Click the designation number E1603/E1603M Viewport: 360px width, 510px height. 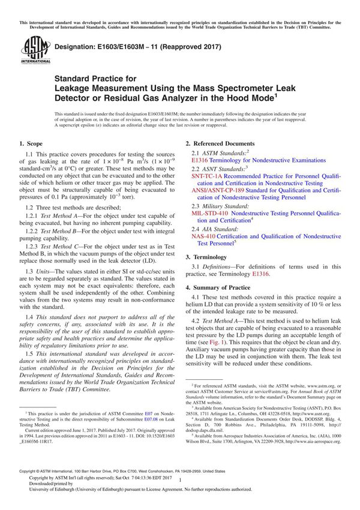118,47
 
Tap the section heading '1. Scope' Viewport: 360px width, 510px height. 32,144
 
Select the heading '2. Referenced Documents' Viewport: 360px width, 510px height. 220,144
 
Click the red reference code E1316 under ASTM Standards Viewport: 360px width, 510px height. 200,161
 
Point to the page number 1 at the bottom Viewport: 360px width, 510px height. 180,490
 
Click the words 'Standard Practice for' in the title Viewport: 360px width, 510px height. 95,78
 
